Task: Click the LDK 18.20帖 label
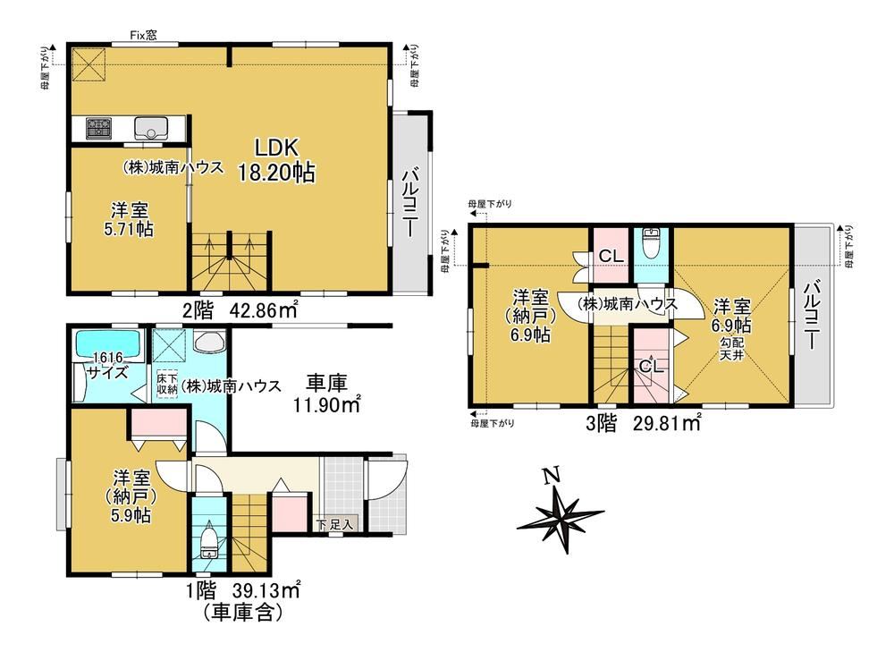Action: tap(276, 160)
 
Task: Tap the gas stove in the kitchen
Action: tap(100, 127)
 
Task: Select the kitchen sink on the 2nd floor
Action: tap(151, 127)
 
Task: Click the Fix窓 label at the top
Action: tap(143, 36)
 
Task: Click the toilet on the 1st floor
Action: tap(208, 541)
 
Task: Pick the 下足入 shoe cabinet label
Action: tap(336, 524)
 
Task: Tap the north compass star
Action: tap(561, 513)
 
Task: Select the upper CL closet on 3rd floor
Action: tap(611, 256)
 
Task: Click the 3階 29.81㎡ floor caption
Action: tap(644, 423)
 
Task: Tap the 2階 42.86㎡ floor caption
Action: tap(240, 310)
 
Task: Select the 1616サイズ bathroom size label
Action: tap(108, 366)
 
